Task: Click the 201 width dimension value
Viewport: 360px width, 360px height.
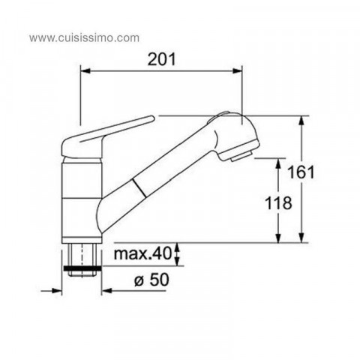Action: (161, 59)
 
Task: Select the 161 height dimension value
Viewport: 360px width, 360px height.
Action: (301, 172)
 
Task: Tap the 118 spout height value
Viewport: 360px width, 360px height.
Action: (278, 203)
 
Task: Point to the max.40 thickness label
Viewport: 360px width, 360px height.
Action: (142, 253)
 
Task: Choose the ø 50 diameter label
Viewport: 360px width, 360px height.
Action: (151, 280)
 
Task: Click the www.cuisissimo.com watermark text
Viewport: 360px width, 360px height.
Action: (84, 38)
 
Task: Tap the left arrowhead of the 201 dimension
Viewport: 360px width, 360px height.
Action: (85, 71)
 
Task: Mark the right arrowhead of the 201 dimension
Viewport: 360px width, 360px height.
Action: (237, 71)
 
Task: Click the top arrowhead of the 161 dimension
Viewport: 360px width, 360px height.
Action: (302, 121)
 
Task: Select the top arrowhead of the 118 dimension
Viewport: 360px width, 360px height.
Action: (278, 163)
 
